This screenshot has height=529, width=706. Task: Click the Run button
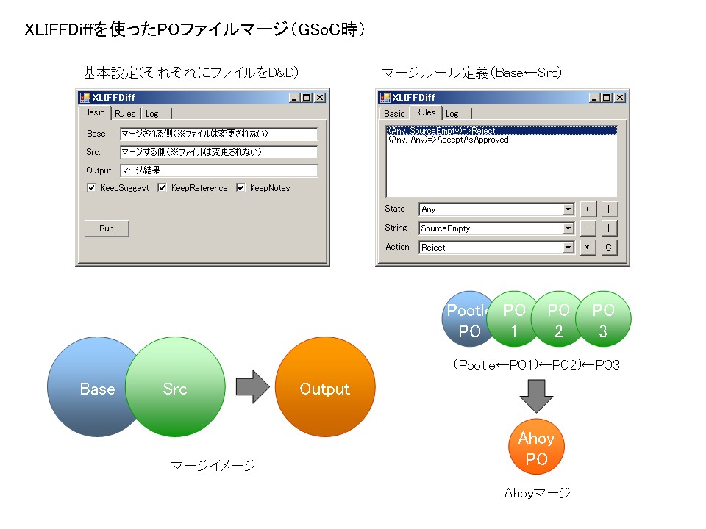pos(107,228)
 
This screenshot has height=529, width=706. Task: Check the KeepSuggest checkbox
pos(91,187)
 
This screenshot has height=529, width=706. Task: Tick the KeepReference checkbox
pos(162,187)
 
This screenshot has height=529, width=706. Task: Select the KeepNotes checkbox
pos(241,187)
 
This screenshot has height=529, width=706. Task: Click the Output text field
pos(219,170)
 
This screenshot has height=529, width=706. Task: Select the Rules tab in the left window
pos(125,113)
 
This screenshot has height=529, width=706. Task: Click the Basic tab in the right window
pos(394,113)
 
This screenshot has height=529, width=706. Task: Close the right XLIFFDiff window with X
pos(620,98)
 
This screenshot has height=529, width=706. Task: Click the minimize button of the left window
pos(294,98)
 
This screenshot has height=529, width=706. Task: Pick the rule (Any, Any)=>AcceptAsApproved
pos(449,140)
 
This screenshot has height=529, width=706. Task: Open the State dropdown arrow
pos(568,209)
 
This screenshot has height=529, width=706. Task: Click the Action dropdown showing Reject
pos(496,248)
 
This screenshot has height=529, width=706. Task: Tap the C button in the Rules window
pos(608,248)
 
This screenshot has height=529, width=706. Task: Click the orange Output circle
pos(325,387)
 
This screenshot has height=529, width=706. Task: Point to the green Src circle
pos(175,387)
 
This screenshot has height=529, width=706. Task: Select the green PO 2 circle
pos(559,319)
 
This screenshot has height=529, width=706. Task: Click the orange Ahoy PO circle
pos(536,447)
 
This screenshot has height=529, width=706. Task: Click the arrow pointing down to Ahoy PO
pos(536,396)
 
